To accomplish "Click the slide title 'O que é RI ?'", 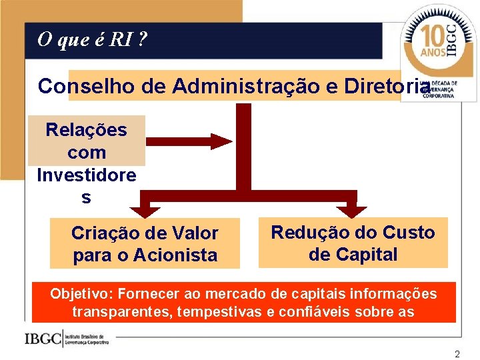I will click(x=93, y=40).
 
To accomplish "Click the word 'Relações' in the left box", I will click(x=86, y=130).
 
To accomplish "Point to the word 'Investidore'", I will click(x=86, y=175).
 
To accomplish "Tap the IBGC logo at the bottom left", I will click(x=67, y=339).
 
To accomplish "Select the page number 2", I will click(x=457, y=354).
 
